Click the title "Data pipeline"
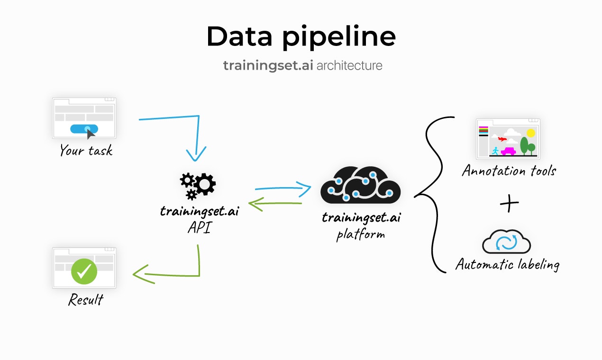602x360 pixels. point(301,36)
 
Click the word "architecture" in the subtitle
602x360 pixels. point(349,65)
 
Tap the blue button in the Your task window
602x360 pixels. point(84,128)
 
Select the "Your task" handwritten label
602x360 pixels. point(86,151)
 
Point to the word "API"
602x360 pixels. point(199,228)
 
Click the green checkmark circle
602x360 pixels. point(84,271)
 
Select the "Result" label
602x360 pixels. point(86,300)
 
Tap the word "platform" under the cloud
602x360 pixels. point(361,234)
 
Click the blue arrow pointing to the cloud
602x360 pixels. point(283,189)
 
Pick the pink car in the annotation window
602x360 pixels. point(508,152)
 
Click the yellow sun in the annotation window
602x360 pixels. point(530,133)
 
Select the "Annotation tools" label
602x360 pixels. point(509,171)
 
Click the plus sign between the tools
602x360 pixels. point(509,204)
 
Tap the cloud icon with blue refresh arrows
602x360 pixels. point(506,242)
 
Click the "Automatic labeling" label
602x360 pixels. point(507,264)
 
